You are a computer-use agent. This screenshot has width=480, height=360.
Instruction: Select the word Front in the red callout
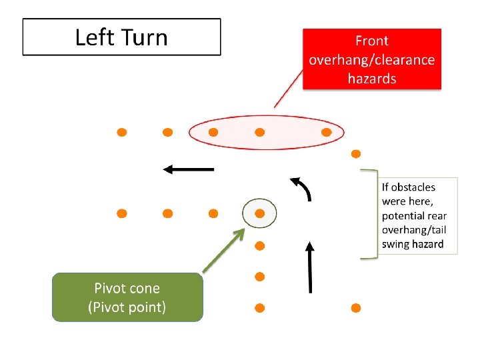pos(372,41)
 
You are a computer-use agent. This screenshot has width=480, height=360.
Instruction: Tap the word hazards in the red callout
pos(372,79)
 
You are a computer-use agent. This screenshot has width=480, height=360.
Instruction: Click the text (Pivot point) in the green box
pos(127,307)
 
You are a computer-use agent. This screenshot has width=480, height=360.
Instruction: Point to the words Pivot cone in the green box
pos(127,289)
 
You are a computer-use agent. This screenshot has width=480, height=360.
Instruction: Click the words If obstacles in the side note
pos(408,187)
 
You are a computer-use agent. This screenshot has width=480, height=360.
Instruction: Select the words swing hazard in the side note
pos(413,244)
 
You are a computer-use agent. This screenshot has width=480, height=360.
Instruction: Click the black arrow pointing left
pos(189,169)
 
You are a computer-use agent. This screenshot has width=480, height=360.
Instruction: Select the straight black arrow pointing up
pos(310,267)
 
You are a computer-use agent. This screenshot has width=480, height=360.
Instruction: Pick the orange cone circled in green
pos(260,213)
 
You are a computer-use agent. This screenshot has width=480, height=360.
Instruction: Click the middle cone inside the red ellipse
pos(260,132)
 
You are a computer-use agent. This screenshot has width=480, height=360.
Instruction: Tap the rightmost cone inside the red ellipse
pos(326,132)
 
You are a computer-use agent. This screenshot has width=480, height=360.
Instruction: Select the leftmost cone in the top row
pos(122,132)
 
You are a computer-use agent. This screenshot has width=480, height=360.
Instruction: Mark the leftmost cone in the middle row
pos(122,213)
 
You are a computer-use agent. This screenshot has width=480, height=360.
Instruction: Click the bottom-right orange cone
pos(356,308)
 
